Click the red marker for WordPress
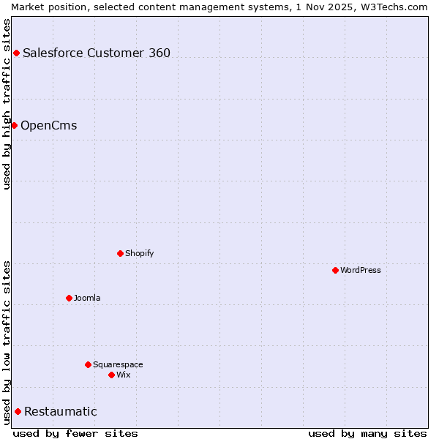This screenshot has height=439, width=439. (x=335, y=270)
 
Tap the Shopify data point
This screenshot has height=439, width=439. (x=120, y=253)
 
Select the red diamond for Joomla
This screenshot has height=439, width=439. (x=69, y=298)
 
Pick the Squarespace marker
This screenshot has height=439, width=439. (x=88, y=364)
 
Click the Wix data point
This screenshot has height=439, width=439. (x=111, y=375)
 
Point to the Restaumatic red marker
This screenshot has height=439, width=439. (x=18, y=411)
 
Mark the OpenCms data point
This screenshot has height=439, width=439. (x=14, y=125)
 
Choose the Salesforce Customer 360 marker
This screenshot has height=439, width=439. (x=16, y=53)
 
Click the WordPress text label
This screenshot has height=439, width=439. (x=361, y=270)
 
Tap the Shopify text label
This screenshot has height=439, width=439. (x=139, y=253)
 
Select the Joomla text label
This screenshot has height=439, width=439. (x=87, y=298)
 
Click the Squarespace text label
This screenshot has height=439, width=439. (x=118, y=364)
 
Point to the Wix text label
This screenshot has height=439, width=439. (x=123, y=375)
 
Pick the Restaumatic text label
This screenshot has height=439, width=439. (x=60, y=411)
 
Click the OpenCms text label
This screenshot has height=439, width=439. (x=48, y=125)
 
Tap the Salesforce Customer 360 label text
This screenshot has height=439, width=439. (x=97, y=53)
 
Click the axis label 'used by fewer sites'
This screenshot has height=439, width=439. (x=75, y=433)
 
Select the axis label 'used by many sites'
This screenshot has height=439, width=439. (x=367, y=433)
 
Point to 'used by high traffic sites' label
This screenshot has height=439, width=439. (x=7, y=104)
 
